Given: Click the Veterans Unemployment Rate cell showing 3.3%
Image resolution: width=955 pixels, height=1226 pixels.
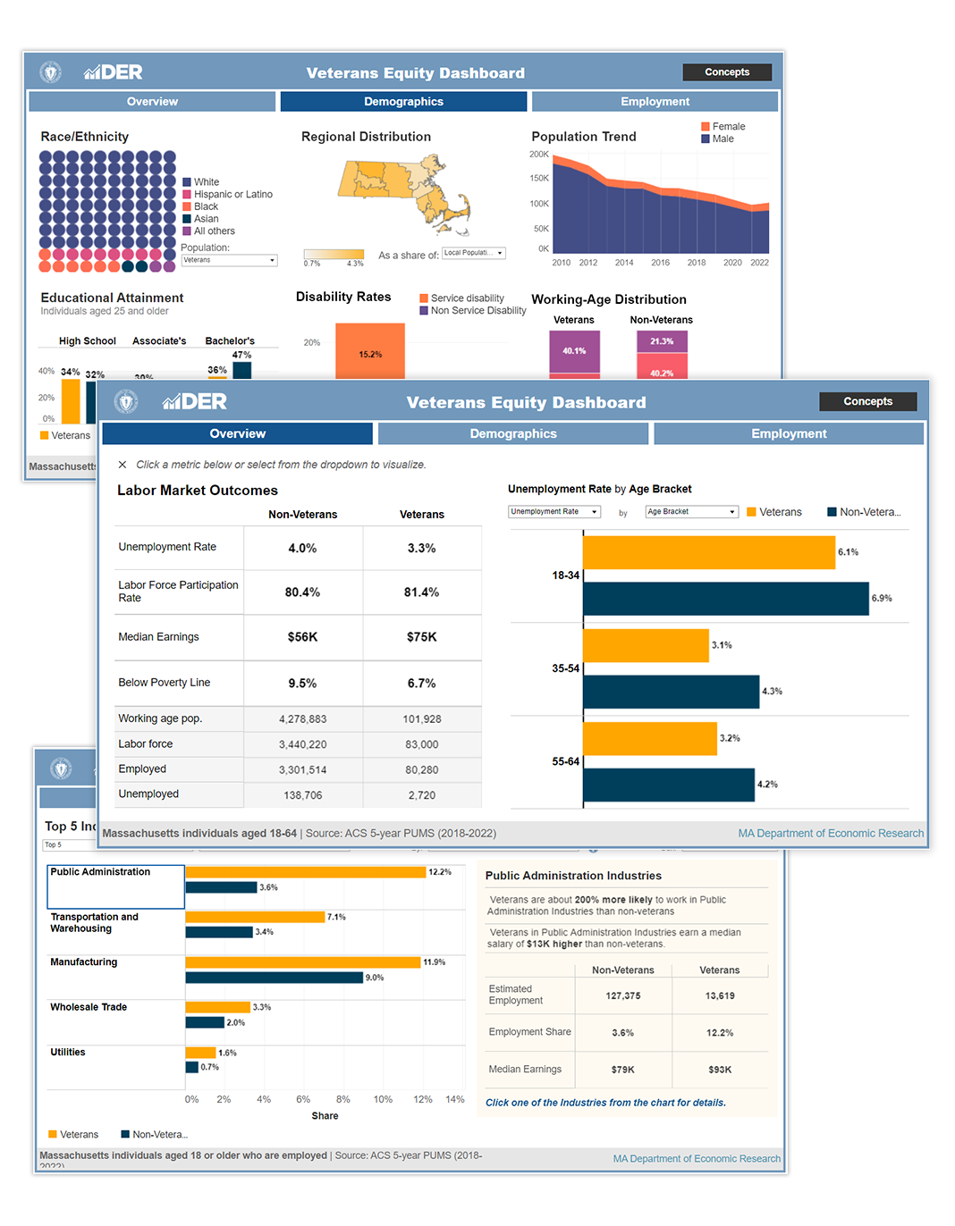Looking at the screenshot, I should tap(421, 549).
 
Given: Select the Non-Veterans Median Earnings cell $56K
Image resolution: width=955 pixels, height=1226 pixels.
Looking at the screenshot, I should tap(302, 637).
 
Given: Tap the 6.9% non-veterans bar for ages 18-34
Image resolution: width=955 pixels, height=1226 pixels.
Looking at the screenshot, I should tap(725, 599).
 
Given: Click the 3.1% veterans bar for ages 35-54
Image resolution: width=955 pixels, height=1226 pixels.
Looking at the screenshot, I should tap(646, 645).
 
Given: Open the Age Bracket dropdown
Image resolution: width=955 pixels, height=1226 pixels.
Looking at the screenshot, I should tap(691, 512).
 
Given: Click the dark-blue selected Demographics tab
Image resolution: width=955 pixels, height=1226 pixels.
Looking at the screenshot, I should tap(403, 102).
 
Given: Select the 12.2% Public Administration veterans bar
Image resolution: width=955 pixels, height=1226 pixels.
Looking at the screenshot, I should tap(305, 872).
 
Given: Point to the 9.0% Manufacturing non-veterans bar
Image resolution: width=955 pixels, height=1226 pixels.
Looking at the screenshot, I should tap(274, 978).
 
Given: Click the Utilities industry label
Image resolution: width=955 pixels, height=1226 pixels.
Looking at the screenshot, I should tap(68, 1053).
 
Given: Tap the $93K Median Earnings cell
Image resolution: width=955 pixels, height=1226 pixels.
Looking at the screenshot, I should tap(720, 1070).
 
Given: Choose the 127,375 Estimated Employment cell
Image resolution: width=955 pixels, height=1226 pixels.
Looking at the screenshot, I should tap(622, 995).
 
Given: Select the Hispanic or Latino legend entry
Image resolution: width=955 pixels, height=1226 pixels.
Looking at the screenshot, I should tap(232, 195).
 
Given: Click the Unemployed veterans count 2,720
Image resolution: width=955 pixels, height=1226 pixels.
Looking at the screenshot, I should tap(421, 795).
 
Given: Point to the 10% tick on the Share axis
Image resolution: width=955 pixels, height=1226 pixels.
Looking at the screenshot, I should tap(383, 1099).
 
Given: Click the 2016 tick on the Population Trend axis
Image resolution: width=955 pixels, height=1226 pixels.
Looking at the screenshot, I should tap(660, 263).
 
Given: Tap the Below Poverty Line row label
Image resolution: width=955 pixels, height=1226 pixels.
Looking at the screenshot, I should tap(165, 683).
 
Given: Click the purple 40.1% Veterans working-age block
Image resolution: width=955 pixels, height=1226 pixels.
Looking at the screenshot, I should tap(574, 350).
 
